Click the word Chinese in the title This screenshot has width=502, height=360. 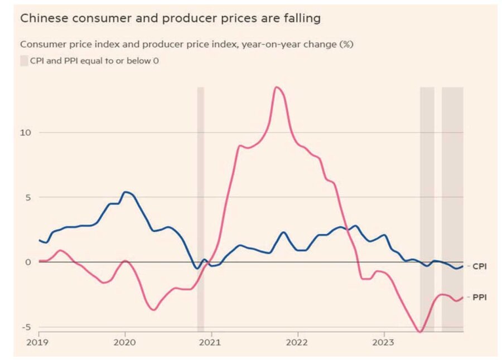(40, 18)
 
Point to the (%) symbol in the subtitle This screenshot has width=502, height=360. (345, 44)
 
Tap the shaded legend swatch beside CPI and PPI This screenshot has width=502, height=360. (24, 60)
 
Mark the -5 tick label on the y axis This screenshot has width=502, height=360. (27, 327)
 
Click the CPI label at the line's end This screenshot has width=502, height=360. (480, 266)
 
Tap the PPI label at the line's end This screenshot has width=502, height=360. (480, 298)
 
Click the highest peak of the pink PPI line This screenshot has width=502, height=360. (276, 87)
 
